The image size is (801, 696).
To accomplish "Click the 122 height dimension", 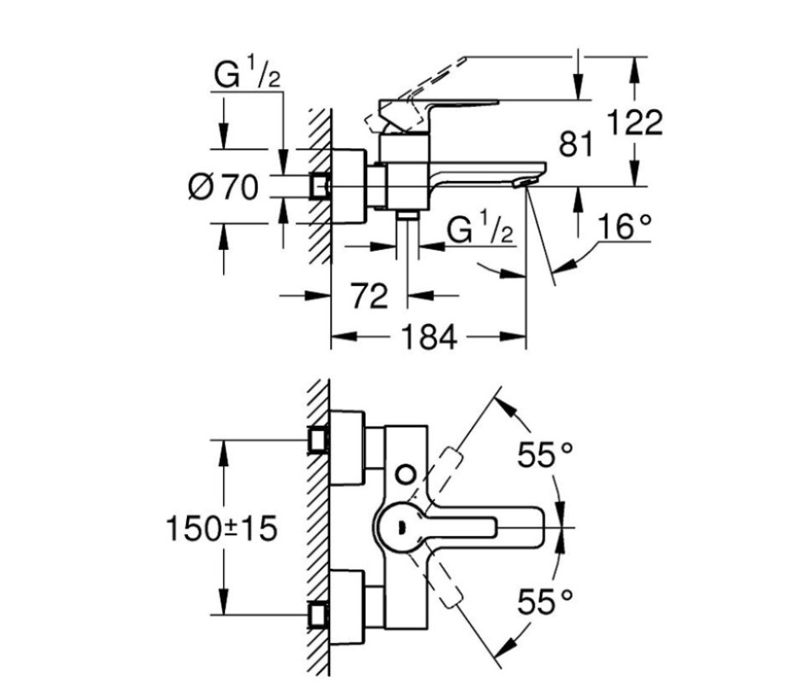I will [x=636, y=123].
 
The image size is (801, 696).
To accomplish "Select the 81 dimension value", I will [x=575, y=144].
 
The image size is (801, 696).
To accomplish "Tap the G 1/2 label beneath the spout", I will [x=481, y=229].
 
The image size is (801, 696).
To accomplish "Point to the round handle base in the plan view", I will [x=401, y=527].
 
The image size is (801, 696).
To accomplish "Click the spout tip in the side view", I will [x=526, y=182].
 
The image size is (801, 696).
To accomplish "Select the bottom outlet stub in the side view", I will [x=409, y=218].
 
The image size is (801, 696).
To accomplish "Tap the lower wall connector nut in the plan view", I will [x=319, y=615].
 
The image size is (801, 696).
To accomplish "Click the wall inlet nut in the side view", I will [x=319, y=186].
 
